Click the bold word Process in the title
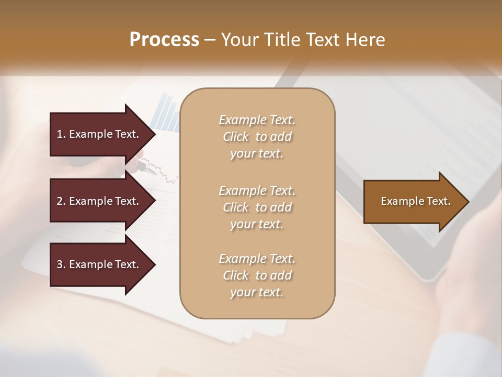pos(164,40)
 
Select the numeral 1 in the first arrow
pos(60,134)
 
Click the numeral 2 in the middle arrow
pos(60,201)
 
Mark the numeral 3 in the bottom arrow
pos(60,264)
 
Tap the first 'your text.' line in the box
pos(257,154)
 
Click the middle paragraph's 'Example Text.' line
pos(257,191)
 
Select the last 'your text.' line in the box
pos(257,293)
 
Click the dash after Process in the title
pos(210,40)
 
